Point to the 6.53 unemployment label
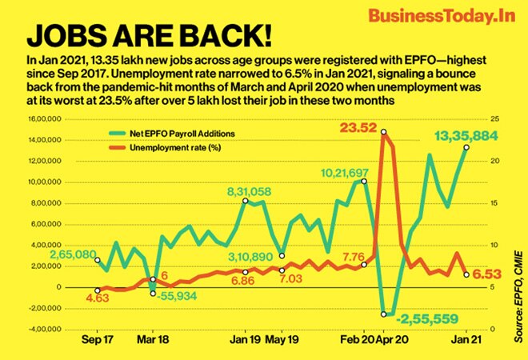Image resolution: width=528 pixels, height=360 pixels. point(490,274)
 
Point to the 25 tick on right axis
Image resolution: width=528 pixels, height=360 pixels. point(495,118)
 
